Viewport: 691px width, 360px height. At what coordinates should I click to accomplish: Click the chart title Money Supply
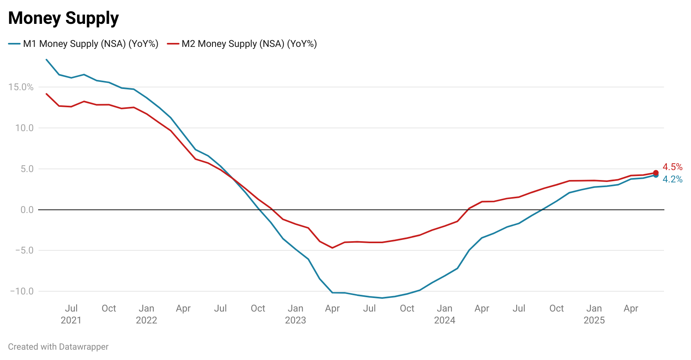click(x=64, y=18)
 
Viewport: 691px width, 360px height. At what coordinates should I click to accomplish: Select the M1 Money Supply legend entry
click(x=83, y=44)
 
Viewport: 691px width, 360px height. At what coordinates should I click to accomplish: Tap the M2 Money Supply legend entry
click(x=242, y=44)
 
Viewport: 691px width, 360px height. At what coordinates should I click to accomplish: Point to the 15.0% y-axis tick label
click(x=21, y=87)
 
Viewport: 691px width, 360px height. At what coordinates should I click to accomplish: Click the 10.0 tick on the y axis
click(x=24, y=128)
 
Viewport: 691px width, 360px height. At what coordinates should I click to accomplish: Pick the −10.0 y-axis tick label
click(x=22, y=291)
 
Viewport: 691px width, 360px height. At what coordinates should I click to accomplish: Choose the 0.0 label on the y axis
click(x=27, y=210)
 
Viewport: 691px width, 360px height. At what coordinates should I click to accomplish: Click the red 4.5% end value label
click(x=672, y=167)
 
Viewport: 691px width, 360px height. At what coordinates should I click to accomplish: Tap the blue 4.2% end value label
click(x=672, y=179)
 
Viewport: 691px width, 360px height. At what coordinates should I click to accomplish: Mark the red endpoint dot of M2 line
click(x=656, y=173)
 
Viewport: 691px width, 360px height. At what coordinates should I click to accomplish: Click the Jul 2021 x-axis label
click(x=71, y=314)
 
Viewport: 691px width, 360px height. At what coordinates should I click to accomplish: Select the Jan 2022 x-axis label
click(x=147, y=314)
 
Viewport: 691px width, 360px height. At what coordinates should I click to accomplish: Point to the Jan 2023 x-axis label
click(x=295, y=314)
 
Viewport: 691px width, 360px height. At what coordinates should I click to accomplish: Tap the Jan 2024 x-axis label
click(x=444, y=314)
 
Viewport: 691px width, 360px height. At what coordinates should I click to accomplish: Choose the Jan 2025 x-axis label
click(x=594, y=314)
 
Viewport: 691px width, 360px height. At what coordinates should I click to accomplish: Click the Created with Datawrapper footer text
click(x=58, y=347)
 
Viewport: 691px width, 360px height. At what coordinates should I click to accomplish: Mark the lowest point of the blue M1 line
click(x=382, y=298)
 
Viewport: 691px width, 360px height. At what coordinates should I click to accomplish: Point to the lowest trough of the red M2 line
click(x=332, y=248)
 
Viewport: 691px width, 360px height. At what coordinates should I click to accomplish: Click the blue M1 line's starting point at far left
click(x=46, y=60)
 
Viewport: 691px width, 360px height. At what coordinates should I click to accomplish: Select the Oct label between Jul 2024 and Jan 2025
click(x=556, y=308)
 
